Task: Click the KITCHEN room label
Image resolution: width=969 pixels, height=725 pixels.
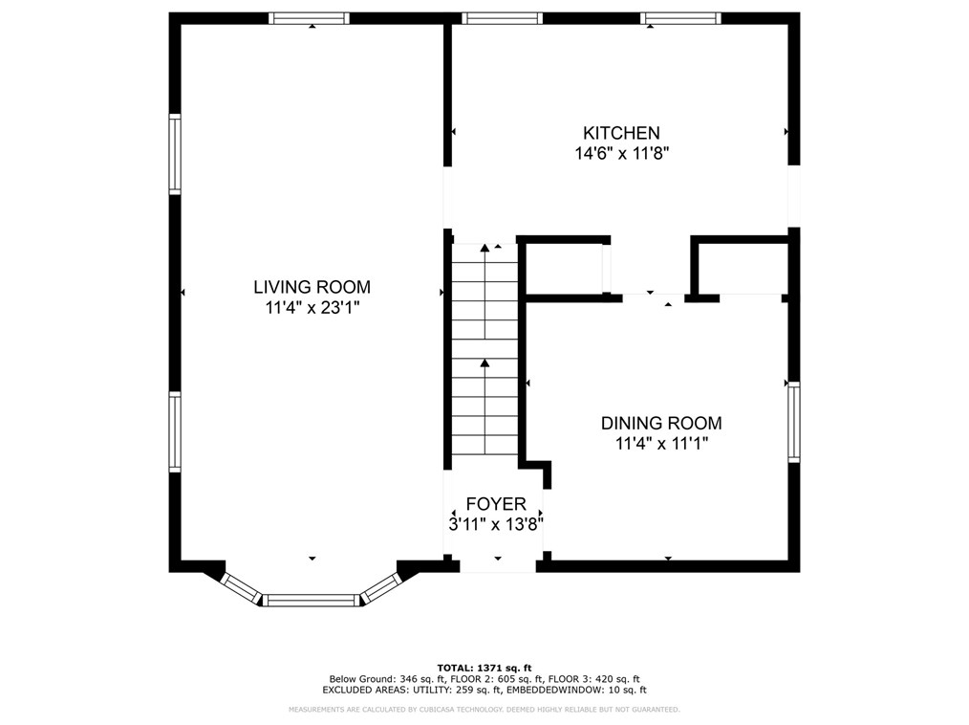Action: point(621,133)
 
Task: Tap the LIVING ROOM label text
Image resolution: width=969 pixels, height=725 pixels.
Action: point(312,287)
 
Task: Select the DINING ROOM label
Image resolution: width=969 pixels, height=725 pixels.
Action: point(661,423)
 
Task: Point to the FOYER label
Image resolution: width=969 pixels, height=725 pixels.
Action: point(496,504)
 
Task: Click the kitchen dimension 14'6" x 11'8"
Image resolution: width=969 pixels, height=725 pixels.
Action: point(622,153)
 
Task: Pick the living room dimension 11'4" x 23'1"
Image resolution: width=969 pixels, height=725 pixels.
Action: point(312,307)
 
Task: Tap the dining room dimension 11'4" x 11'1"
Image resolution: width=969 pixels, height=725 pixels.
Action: point(661,444)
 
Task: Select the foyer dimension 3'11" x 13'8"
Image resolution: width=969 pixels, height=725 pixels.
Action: point(496,524)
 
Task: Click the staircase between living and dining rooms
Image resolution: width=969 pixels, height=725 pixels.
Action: point(484,349)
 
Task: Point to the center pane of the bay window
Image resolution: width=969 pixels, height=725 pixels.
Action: point(311,600)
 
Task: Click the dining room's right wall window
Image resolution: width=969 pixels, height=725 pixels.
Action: point(793,421)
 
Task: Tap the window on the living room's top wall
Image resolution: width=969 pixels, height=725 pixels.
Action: point(309,18)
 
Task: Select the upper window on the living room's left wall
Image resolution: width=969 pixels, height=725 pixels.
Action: point(175,154)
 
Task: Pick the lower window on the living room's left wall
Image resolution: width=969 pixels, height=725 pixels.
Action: point(175,431)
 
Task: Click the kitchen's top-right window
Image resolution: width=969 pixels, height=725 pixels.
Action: point(681,18)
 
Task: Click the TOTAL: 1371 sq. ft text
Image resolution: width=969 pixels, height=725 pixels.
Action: point(484,668)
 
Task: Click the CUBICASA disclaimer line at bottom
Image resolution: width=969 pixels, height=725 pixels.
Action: point(484,710)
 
